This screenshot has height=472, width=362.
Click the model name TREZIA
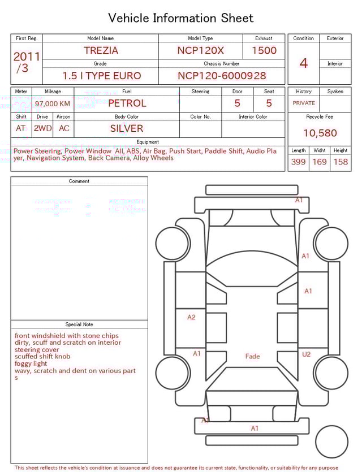[x=101, y=50]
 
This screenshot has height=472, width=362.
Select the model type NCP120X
[x=200, y=50]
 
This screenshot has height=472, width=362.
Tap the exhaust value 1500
[x=264, y=50]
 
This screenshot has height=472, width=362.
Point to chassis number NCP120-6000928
[x=222, y=76]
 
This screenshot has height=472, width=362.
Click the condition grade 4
[x=304, y=63]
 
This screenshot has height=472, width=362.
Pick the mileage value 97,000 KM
[x=53, y=104]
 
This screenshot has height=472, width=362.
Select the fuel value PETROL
[x=127, y=103]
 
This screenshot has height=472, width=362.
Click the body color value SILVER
[x=127, y=128]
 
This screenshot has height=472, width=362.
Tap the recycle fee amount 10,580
[x=320, y=133]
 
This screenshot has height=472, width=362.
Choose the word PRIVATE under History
[x=304, y=103]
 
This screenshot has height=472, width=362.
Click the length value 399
[x=298, y=162]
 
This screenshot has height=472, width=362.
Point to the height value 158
[x=341, y=162]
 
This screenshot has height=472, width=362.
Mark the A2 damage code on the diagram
[x=191, y=317]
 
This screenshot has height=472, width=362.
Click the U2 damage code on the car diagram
[x=306, y=354]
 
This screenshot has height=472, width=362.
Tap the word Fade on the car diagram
[x=252, y=356]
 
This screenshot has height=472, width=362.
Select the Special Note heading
[x=79, y=324]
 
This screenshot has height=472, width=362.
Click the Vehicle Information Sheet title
[x=181, y=18]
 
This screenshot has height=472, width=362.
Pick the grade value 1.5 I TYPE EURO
[x=102, y=76]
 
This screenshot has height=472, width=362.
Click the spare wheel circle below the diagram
[x=332, y=441]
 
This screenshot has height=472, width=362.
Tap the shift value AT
[x=21, y=128]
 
